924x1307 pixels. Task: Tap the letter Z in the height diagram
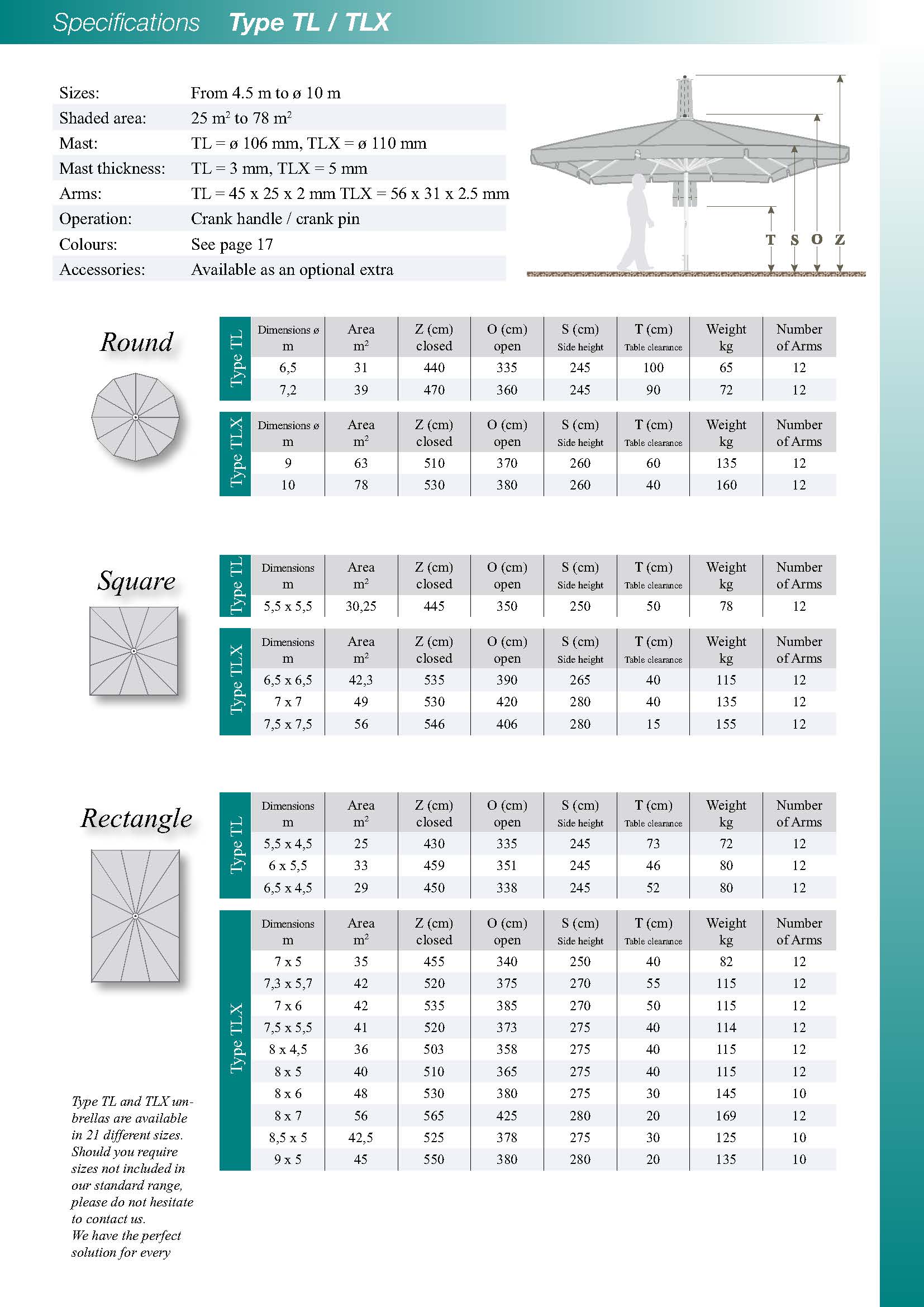840,240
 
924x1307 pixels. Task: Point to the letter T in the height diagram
770,240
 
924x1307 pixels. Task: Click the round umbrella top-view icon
135,417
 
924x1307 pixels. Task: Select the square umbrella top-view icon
134,650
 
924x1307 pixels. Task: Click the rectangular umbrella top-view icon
135,915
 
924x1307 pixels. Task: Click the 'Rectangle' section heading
136,818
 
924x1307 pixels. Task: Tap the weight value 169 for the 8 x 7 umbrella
726,1115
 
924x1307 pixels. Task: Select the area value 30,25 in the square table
361,606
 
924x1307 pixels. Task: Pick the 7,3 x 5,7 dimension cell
288,983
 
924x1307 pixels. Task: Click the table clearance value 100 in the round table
653,368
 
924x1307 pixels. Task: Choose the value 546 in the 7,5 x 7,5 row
434,724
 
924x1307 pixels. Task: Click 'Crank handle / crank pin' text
275,218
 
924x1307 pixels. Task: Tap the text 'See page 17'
232,244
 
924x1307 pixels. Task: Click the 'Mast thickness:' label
112,169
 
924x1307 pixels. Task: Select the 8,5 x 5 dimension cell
288,1137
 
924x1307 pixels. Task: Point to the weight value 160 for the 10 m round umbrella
726,485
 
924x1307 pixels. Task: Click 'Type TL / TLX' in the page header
309,22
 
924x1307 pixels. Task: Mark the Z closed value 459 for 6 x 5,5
434,865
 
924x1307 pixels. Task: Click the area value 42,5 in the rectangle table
361,1137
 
